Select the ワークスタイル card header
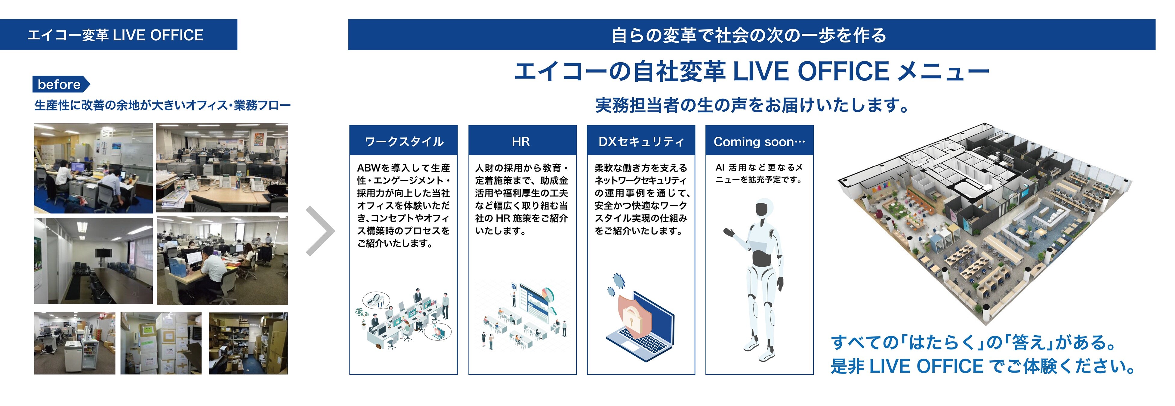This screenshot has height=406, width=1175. [x=404, y=141]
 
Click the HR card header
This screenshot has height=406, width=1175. [x=522, y=141]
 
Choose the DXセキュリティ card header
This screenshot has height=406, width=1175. [x=641, y=141]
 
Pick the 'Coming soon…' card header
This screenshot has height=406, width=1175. [x=760, y=141]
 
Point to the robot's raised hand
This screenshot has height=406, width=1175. [x=729, y=233]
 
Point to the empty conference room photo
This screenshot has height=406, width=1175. [x=94, y=261]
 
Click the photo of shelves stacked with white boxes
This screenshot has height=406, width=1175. [x=161, y=343]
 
